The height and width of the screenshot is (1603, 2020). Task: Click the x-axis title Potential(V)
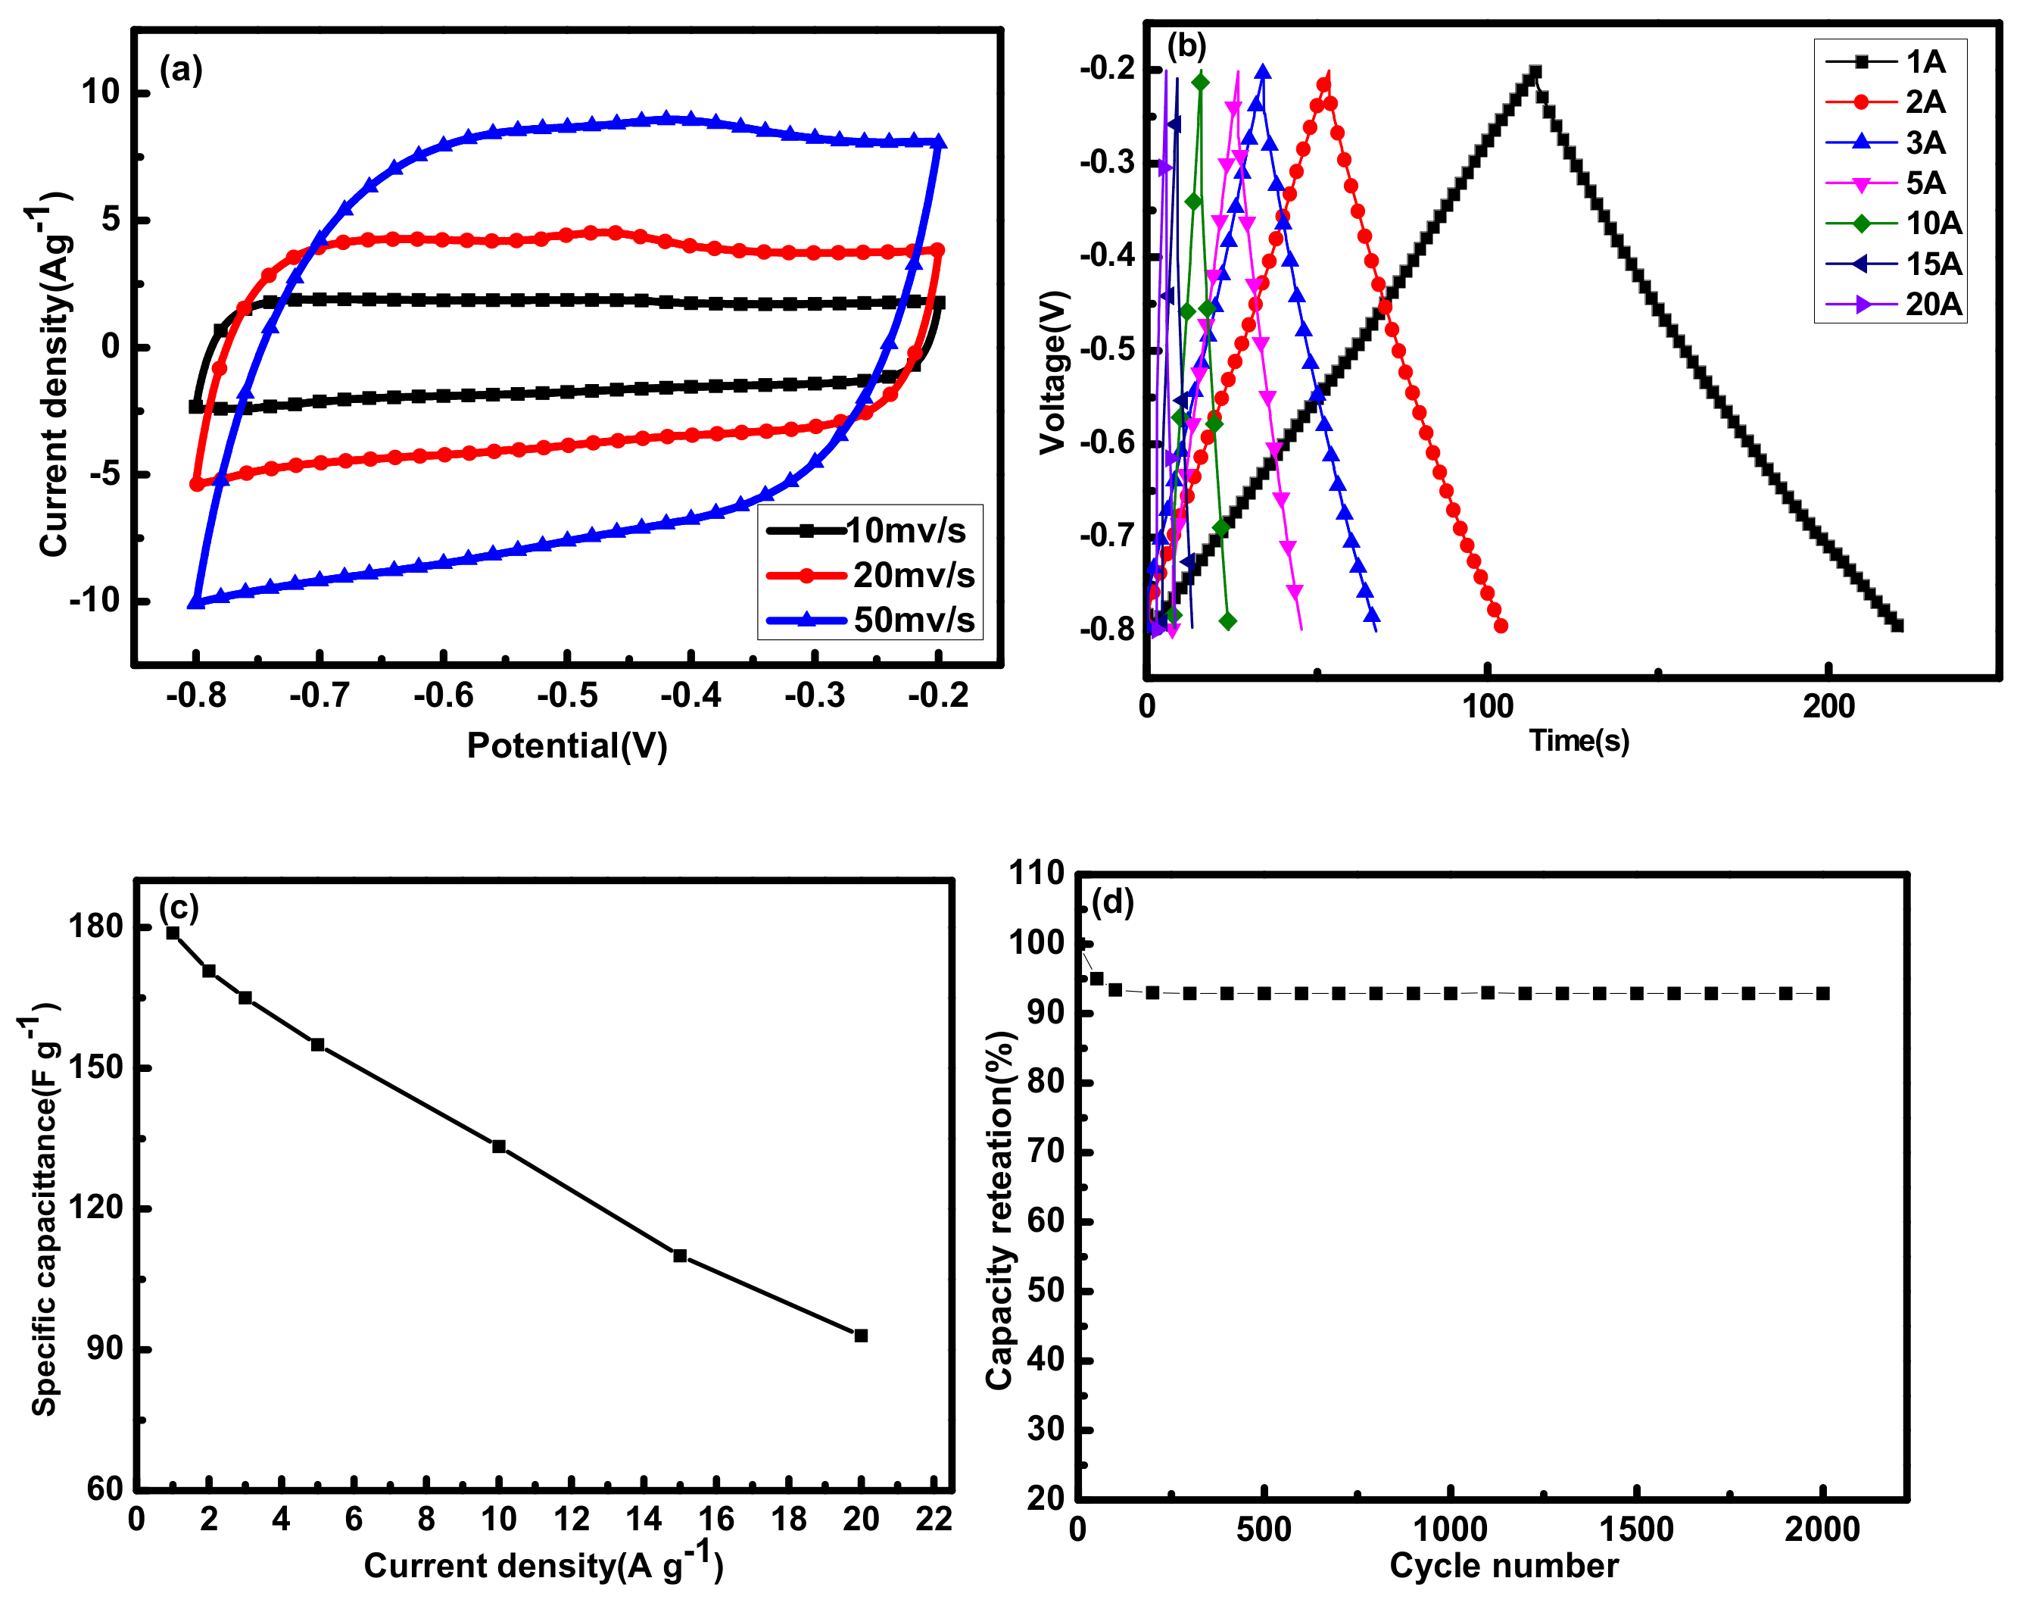click(x=567, y=745)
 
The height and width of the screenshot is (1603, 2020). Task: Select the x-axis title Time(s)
click(x=1579, y=741)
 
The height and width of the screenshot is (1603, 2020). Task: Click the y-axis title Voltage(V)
click(x=1053, y=372)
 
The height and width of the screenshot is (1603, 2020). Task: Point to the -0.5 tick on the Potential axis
click(x=567, y=695)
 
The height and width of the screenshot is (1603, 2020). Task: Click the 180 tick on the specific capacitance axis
click(x=95, y=926)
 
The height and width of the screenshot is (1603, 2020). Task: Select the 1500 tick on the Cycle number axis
click(x=1636, y=1529)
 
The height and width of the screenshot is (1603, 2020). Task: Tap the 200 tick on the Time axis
click(x=1828, y=706)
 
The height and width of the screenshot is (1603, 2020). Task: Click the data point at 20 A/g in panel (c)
click(x=861, y=1335)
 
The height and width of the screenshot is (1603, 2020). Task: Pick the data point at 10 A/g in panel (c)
click(x=498, y=1146)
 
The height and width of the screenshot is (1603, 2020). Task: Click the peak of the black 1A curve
click(x=1534, y=72)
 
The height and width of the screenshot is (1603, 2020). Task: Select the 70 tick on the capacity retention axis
click(x=1046, y=1151)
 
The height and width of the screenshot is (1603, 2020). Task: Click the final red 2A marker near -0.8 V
click(x=1501, y=625)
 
